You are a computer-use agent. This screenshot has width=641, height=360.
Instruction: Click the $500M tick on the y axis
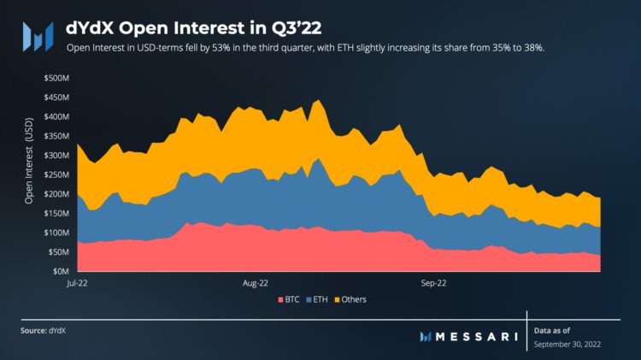[57, 78]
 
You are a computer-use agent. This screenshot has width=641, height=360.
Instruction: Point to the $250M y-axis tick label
[57, 174]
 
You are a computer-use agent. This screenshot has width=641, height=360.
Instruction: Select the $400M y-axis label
[57, 116]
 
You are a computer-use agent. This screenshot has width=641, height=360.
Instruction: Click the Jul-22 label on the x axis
[79, 281]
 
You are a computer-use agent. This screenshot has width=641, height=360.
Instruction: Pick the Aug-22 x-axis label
[256, 281]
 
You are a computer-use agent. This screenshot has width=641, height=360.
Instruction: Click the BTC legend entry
[289, 299]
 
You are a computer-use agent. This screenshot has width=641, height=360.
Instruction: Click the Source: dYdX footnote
[45, 329]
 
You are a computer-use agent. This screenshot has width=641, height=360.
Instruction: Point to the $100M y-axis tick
[57, 233]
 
